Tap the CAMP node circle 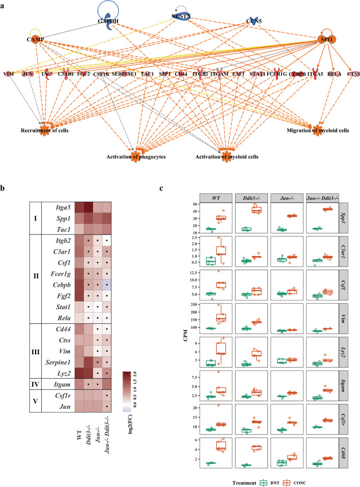(35, 39)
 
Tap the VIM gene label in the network (8, 75)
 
